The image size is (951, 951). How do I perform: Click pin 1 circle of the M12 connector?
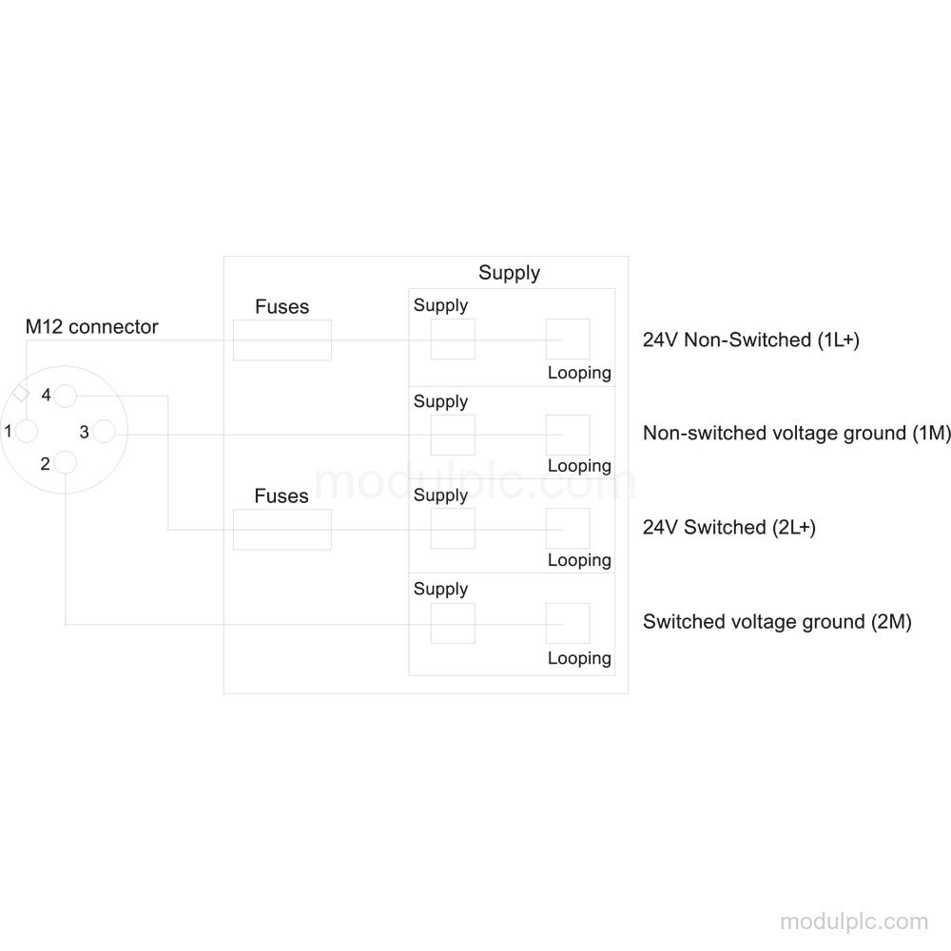tap(27, 431)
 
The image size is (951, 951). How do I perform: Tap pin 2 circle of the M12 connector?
tap(66, 463)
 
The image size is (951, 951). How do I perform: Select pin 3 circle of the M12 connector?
tap(105, 431)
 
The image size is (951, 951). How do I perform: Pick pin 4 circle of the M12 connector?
tap(66, 396)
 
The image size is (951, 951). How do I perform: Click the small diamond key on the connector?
tap(21, 393)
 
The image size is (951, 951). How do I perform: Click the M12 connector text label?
tap(91, 327)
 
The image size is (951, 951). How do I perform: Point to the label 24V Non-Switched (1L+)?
tap(751, 340)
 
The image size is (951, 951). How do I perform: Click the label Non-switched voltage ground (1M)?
tap(796, 433)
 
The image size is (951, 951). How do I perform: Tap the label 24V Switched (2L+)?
tap(729, 527)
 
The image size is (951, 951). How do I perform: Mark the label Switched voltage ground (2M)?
tap(777, 622)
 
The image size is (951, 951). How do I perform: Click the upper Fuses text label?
tap(282, 307)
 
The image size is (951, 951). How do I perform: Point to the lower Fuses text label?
tap(281, 496)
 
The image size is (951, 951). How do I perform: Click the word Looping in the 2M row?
tap(579, 659)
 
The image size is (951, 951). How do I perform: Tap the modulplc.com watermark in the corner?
tap(854, 922)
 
